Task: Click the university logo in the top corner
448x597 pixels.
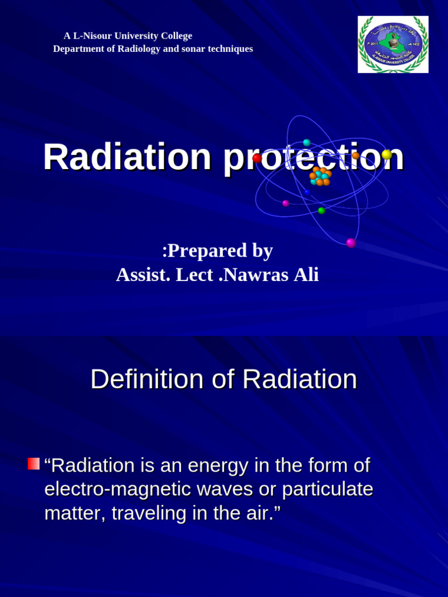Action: (x=393, y=44)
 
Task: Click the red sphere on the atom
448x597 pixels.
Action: (x=257, y=159)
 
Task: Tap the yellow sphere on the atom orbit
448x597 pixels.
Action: (x=387, y=154)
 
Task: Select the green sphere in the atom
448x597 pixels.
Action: (x=321, y=210)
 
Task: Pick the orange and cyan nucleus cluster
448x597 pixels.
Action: (x=320, y=176)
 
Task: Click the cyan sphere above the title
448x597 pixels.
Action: (x=307, y=143)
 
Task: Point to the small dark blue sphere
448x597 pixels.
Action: (x=307, y=192)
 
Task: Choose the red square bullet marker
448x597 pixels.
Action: (x=33, y=464)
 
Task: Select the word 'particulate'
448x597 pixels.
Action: (x=327, y=489)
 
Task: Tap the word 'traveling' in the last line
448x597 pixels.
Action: (x=146, y=513)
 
